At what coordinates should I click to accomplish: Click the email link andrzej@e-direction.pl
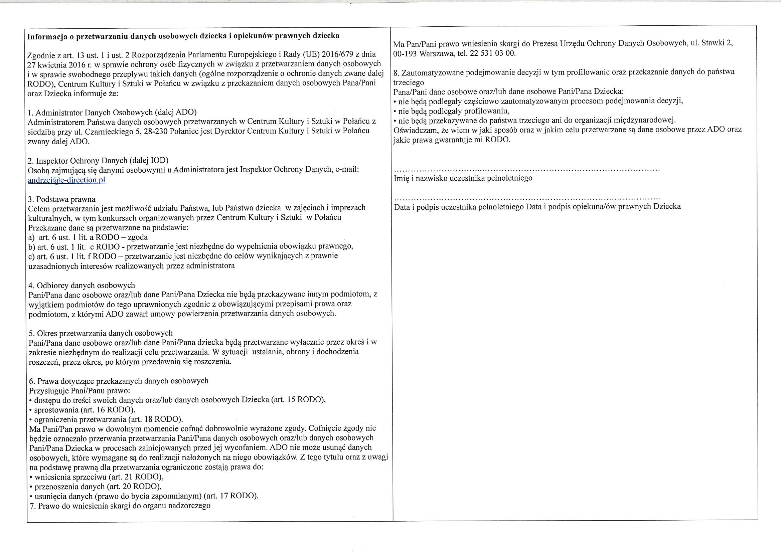[x=66, y=180]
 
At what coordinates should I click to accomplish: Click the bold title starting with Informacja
[x=183, y=36]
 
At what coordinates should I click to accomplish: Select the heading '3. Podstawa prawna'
[x=62, y=199]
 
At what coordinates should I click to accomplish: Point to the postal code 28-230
[x=156, y=131]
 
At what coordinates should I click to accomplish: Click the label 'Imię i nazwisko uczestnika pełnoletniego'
[x=463, y=178]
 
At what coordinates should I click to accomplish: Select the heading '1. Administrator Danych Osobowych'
[x=112, y=112]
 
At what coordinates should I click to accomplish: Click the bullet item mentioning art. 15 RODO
[x=180, y=400]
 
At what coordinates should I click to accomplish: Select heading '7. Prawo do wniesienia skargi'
[x=120, y=505]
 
